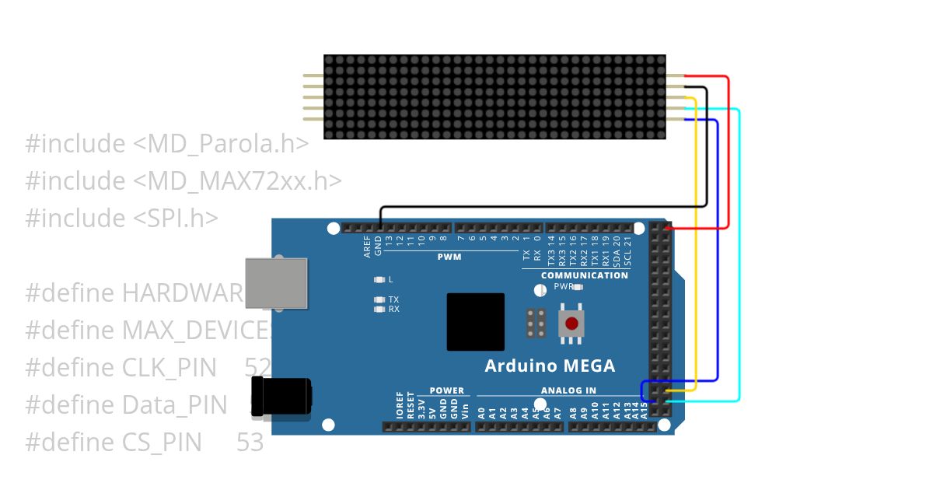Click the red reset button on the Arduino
click(x=572, y=323)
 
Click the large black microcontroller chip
click(x=475, y=321)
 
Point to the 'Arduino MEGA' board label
click(x=550, y=366)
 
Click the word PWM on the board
click(x=449, y=257)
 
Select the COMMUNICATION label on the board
click(x=584, y=275)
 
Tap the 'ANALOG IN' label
click(x=568, y=390)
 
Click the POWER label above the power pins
click(x=446, y=390)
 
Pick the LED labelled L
click(x=379, y=279)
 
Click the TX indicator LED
click(x=379, y=299)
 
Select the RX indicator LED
click(x=379, y=309)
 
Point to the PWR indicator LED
click(x=578, y=287)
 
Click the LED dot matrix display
click(x=494, y=97)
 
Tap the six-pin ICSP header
click(x=535, y=323)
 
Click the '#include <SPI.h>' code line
click(x=121, y=219)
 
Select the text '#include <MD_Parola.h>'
click(x=167, y=144)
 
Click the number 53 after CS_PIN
click(x=250, y=443)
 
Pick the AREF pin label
click(x=368, y=248)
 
